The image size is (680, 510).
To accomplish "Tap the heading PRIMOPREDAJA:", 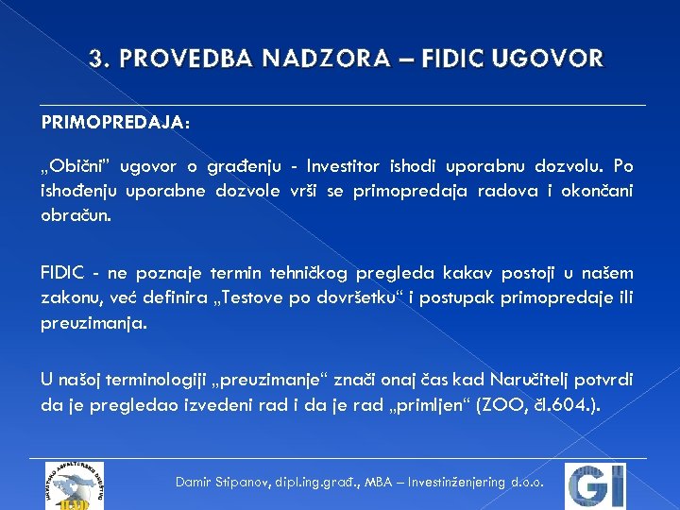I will pos(115,124).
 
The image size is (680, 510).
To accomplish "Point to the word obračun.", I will pos(76,215).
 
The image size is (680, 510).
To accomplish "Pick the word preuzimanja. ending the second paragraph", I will pos(93,323).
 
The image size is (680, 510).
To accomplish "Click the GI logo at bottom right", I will pos(595,485).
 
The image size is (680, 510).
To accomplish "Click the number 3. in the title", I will pos(97,59).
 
